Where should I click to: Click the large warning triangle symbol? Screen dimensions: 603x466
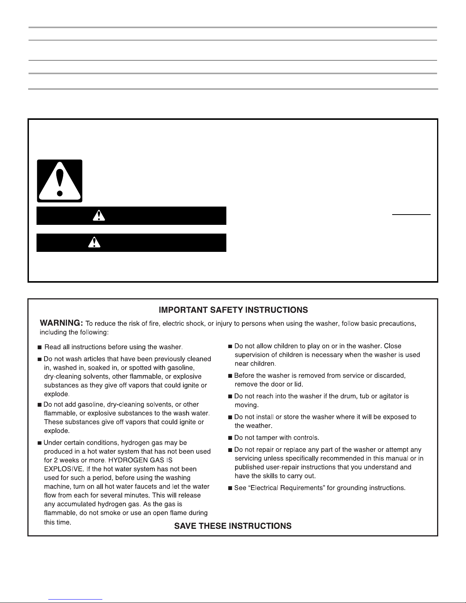pos(59,181)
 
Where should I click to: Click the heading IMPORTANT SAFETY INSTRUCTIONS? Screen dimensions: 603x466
pos(233,310)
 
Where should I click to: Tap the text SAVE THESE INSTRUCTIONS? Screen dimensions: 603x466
pos(233,526)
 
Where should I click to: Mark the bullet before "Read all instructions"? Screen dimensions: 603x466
pos(40,347)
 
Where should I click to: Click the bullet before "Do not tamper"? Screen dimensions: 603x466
pos(230,438)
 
